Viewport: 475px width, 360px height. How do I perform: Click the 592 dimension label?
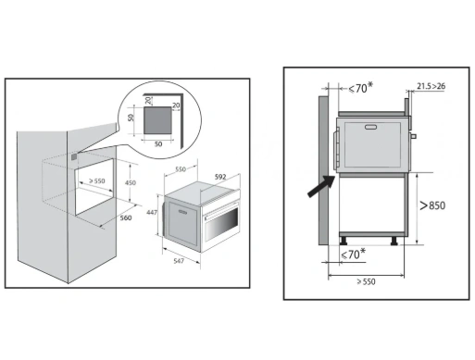[x=220, y=177]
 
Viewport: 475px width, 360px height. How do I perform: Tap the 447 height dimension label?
[x=152, y=212]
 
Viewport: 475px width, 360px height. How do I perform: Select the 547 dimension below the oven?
[x=179, y=261]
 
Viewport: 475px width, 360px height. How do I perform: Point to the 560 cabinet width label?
[x=126, y=217]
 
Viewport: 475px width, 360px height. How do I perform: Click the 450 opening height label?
[x=131, y=182]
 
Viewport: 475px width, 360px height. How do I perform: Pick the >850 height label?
[x=432, y=205]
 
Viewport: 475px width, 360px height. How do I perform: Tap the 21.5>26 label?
[x=431, y=86]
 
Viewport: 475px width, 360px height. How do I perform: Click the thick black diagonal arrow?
[x=321, y=186]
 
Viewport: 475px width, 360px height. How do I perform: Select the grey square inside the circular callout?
[x=157, y=120]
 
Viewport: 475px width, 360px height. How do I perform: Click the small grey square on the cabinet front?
[x=74, y=157]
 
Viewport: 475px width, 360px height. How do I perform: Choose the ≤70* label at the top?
[x=360, y=88]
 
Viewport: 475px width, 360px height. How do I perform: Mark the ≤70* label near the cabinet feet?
[x=353, y=254]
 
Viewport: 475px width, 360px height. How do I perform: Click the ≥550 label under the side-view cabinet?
[x=366, y=281]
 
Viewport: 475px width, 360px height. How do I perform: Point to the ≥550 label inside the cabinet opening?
[x=97, y=180]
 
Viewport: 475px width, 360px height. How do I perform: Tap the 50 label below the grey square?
[x=158, y=144]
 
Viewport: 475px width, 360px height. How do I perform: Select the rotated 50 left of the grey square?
[x=131, y=118]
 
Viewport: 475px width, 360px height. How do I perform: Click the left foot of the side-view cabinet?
[x=344, y=241]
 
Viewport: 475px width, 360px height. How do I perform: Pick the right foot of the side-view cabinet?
[x=394, y=241]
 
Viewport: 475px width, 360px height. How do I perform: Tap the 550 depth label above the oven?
[x=181, y=169]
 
